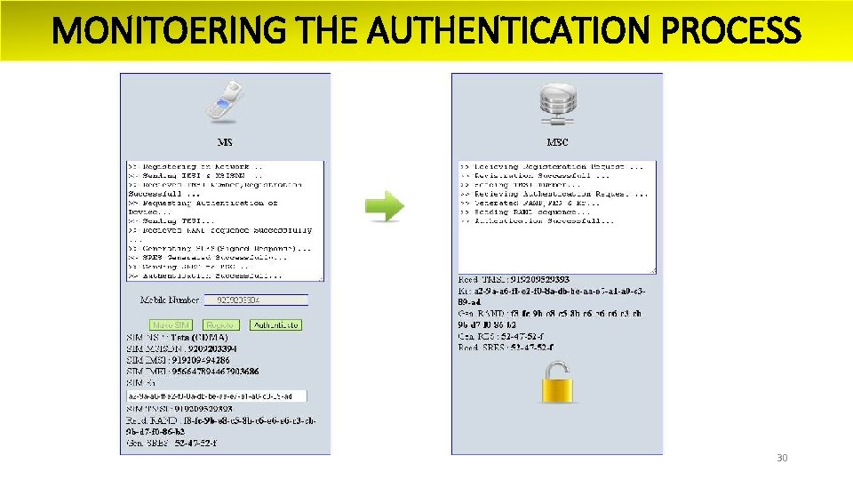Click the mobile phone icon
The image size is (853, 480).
pyautogui.click(x=225, y=101)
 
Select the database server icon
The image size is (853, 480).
pyautogui.click(x=557, y=104)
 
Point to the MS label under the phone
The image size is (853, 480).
pyautogui.click(x=226, y=142)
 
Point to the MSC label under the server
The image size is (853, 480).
pyautogui.click(x=557, y=142)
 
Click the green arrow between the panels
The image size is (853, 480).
pyautogui.click(x=385, y=207)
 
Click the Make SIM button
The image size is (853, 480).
pyautogui.click(x=171, y=325)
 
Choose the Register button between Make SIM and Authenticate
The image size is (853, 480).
pyautogui.click(x=220, y=325)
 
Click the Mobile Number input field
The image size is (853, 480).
pyautogui.click(x=256, y=300)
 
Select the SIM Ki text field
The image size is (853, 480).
pyautogui.click(x=217, y=396)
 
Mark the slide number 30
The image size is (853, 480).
pyautogui.click(x=782, y=459)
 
